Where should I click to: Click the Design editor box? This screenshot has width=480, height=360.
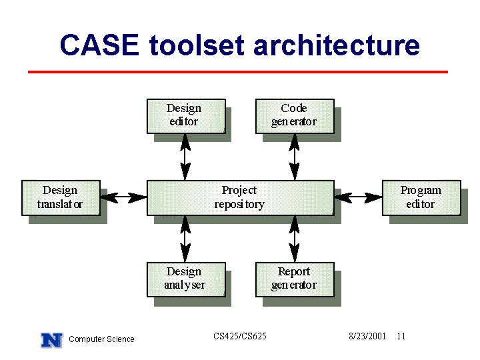[x=186, y=116]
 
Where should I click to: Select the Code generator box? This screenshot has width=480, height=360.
[x=295, y=116]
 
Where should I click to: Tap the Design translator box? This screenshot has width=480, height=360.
[x=61, y=198]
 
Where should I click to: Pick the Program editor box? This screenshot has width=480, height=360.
[x=421, y=198]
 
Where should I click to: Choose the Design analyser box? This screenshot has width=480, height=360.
[x=186, y=279]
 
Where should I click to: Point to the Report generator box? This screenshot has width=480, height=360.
[x=295, y=279]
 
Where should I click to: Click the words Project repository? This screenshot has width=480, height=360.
[x=239, y=197]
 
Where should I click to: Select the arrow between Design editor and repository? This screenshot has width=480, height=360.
[x=185, y=157]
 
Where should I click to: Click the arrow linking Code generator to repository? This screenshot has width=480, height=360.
[x=294, y=157]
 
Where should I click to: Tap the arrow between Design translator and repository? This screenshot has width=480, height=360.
[x=124, y=198]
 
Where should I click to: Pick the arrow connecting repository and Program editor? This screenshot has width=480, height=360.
[x=358, y=198]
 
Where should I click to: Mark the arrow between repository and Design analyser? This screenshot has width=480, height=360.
[x=185, y=239]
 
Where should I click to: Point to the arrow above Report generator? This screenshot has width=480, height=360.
[x=294, y=239]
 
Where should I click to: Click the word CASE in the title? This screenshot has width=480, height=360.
[x=100, y=45]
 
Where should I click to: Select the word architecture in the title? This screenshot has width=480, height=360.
[x=337, y=45]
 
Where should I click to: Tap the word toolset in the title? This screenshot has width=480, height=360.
[x=197, y=45]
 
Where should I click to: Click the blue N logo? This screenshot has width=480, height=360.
[x=52, y=340]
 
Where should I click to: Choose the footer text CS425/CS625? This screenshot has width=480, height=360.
[x=240, y=336]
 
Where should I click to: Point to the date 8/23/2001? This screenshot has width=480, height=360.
[x=367, y=336]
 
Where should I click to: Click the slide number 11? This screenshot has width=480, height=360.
[x=401, y=336]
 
